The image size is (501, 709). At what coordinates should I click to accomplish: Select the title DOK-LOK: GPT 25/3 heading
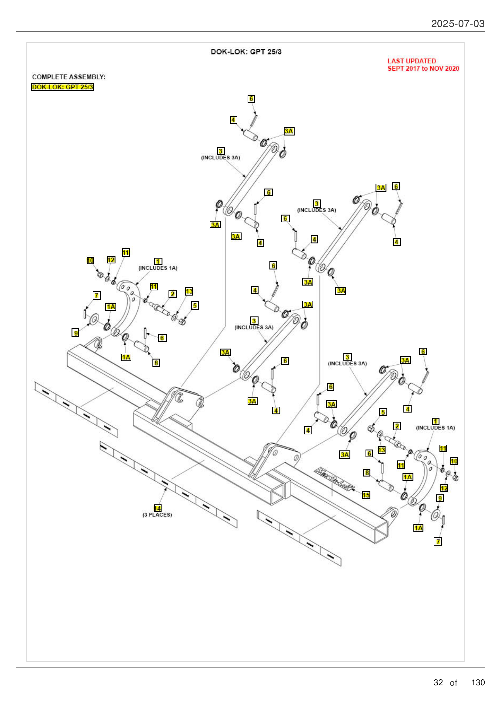(x=246, y=52)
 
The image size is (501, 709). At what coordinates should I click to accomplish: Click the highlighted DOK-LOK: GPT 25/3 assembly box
(x=62, y=87)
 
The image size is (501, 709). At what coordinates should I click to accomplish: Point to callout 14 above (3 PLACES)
(x=157, y=508)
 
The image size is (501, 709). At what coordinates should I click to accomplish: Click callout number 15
(x=366, y=495)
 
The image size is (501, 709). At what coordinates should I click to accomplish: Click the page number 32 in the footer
(x=438, y=682)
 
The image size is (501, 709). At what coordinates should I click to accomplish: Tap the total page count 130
(x=478, y=682)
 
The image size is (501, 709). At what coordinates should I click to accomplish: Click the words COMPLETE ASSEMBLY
(x=68, y=77)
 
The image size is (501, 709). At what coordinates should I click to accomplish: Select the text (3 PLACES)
(x=157, y=515)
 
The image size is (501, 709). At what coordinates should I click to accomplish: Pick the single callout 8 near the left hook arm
(x=156, y=363)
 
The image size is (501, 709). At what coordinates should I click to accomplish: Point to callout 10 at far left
(x=90, y=260)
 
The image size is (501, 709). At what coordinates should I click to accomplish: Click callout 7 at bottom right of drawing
(x=437, y=541)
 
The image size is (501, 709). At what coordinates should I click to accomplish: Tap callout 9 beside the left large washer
(x=75, y=333)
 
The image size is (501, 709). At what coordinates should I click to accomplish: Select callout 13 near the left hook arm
(x=189, y=291)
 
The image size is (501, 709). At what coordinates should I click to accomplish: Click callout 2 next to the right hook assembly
(x=397, y=426)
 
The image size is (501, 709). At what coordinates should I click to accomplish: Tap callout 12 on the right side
(x=444, y=488)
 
